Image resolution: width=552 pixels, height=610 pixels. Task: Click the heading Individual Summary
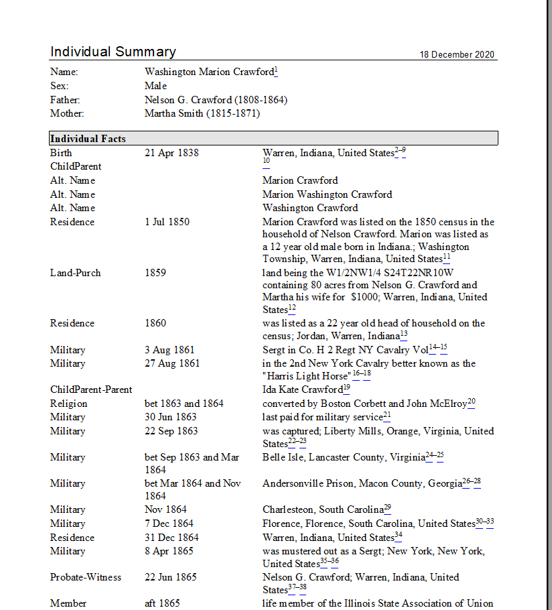tap(113, 52)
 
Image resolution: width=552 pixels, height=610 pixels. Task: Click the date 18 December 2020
tap(458, 55)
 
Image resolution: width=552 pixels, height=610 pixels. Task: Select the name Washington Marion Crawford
tap(209, 72)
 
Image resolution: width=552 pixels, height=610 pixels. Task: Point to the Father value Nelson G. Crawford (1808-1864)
tap(216, 100)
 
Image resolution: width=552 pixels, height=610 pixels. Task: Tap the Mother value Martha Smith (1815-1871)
tap(202, 113)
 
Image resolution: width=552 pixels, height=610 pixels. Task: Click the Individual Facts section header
tap(88, 139)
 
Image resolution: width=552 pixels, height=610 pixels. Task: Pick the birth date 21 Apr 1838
tap(171, 153)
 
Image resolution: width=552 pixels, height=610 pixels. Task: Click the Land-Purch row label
tap(75, 273)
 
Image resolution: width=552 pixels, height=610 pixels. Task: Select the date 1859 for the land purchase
tap(155, 273)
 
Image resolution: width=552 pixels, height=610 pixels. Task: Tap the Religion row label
tap(69, 404)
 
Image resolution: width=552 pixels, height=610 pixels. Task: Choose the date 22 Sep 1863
tap(171, 431)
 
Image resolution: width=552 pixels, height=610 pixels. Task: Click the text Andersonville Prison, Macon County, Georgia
tap(362, 483)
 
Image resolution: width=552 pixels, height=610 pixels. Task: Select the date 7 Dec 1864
tap(169, 524)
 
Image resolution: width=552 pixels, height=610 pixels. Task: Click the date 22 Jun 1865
tap(171, 577)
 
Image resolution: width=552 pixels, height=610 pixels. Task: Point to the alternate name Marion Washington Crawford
tap(327, 194)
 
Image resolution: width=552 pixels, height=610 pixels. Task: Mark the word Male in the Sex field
tap(155, 86)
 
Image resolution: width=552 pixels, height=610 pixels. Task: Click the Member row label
tap(68, 603)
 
